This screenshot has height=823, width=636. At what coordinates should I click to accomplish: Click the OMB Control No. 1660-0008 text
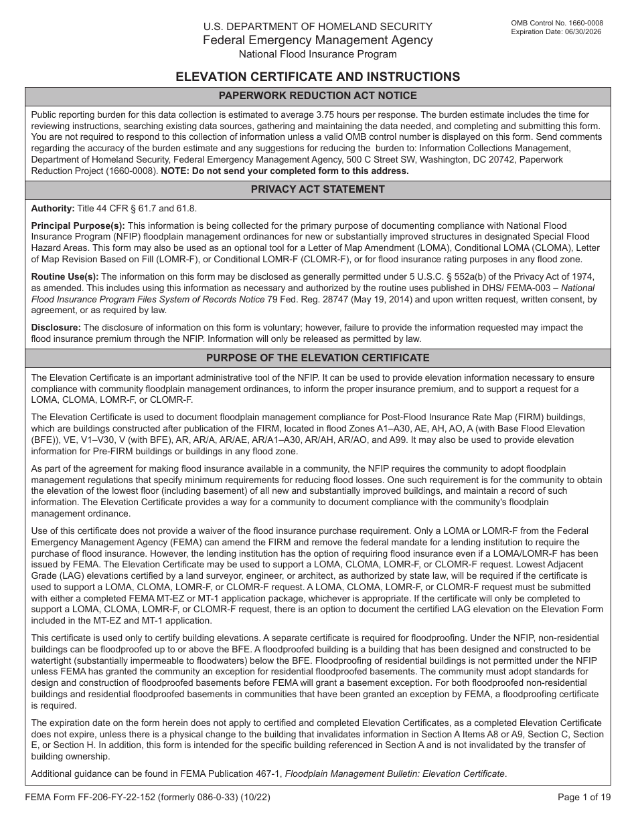[556, 23]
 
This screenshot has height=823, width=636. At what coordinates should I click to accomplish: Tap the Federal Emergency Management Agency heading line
[318, 40]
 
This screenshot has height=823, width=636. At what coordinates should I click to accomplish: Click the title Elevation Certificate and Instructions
[318, 76]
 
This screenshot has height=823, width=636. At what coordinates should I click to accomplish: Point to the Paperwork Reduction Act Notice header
[318, 96]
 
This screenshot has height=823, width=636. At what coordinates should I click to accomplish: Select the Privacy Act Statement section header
[318, 189]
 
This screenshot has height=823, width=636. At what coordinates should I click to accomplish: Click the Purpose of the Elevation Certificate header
[318, 358]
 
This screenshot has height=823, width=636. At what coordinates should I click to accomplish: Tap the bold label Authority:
[53, 209]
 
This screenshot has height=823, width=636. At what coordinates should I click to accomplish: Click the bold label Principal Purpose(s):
[78, 226]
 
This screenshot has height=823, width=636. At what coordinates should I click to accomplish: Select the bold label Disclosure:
[56, 327]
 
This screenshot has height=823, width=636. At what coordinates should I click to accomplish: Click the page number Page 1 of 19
[584, 797]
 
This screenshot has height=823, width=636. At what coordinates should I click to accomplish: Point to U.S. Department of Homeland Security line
[318, 27]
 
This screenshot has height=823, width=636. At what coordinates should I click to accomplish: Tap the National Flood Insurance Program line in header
[318, 54]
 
